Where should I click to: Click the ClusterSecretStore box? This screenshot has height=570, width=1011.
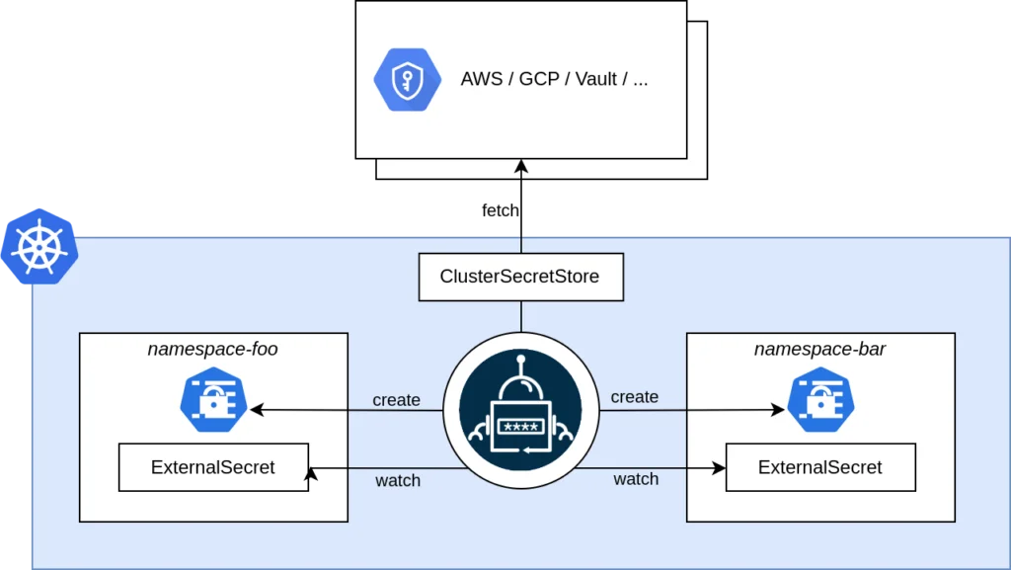(520, 277)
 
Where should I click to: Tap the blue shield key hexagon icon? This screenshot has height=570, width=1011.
(406, 80)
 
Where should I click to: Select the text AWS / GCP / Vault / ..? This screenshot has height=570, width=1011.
(554, 80)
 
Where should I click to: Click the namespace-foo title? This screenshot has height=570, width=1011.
(212, 349)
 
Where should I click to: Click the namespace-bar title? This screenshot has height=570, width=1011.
(819, 349)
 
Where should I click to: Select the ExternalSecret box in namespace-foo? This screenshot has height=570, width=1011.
(212, 467)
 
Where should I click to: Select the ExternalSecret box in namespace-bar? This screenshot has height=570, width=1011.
(819, 467)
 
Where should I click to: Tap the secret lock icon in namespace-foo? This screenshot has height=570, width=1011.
(213, 401)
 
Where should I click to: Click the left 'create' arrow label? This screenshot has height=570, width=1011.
(396, 400)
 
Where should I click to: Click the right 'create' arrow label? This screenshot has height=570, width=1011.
(634, 397)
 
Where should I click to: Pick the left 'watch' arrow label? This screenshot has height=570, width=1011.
(398, 481)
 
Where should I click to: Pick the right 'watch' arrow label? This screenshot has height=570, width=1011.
(636, 479)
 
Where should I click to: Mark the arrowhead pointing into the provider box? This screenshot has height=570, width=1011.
(521, 167)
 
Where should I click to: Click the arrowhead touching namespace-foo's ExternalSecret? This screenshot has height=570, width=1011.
(313, 475)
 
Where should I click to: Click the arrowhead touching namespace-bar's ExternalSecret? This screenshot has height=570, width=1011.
(720, 468)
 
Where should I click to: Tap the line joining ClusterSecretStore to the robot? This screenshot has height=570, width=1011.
(520, 316)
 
